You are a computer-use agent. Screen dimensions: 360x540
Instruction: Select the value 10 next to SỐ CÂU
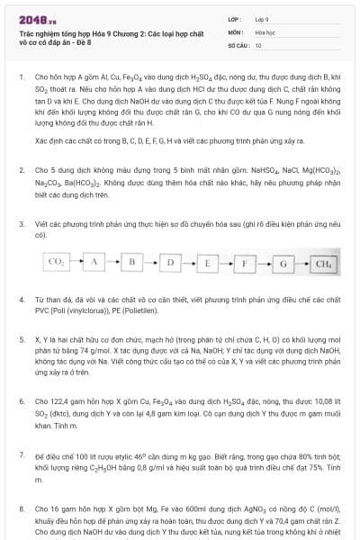coord(258,43)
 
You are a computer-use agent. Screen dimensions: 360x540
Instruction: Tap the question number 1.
coord(21,77)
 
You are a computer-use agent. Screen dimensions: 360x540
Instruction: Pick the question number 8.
coord(21,508)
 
